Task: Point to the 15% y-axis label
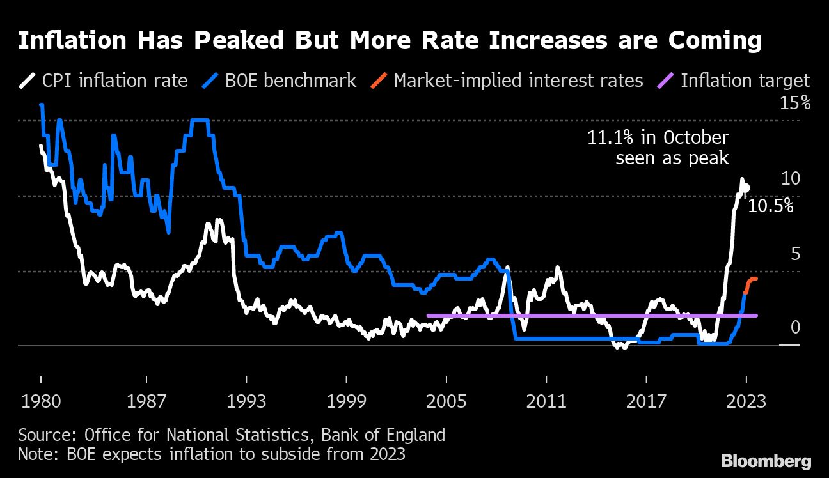[x=794, y=104]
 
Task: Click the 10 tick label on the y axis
[x=791, y=179]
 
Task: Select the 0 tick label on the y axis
[x=795, y=328]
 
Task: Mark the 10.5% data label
[x=770, y=206]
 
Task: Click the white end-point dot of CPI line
[x=746, y=189]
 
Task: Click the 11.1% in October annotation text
[x=658, y=138]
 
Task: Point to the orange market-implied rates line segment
[x=750, y=282]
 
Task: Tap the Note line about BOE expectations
[x=211, y=455]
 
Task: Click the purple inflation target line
[x=576, y=315]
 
